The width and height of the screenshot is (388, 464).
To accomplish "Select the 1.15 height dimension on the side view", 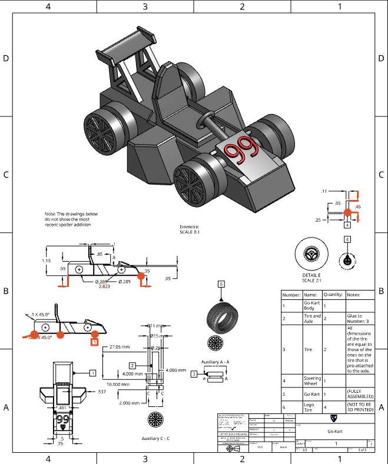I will tap(46, 261).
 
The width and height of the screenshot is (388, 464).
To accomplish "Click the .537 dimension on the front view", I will tap(103, 390).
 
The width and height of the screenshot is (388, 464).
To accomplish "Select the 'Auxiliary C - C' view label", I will tap(155, 438).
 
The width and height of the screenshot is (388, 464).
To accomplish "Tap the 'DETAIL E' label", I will tap(311, 275).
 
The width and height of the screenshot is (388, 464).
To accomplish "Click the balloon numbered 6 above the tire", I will tap(221, 283).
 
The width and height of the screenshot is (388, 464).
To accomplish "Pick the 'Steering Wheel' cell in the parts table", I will tap(312, 380).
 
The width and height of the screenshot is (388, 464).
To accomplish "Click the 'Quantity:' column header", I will tap(333, 295).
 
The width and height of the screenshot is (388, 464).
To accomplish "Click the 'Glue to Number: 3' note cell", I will tap(357, 318).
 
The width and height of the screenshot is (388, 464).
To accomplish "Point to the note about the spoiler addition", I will tap(71, 219).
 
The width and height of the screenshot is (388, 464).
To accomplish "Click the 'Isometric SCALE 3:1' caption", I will tap(189, 228).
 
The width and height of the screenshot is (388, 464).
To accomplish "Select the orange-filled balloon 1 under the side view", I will tap(94, 340).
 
